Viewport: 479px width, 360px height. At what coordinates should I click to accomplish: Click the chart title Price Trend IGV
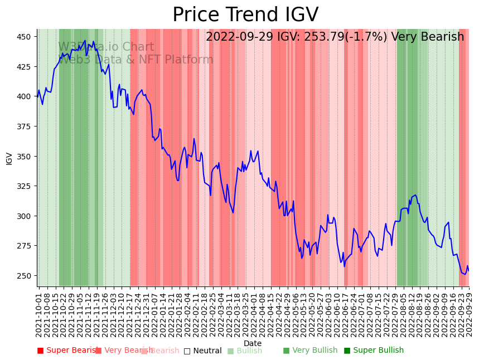(245, 15)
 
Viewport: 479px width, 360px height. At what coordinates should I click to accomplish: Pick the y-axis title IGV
(9, 158)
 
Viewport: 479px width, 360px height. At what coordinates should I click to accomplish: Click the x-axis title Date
(253, 343)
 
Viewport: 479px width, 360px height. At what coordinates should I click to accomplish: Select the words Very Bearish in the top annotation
(428, 37)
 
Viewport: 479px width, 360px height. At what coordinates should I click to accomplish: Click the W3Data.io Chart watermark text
(106, 47)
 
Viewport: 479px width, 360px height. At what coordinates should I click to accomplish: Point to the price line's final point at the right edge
(468, 271)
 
